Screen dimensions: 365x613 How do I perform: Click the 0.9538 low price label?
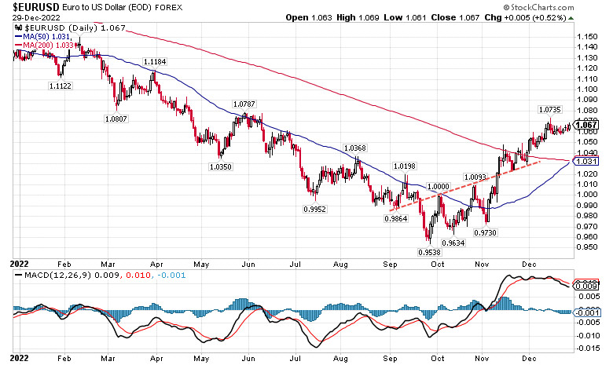pyautogui.click(x=429, y=251)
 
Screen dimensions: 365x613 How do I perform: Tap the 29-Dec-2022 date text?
pyautogui.click(x=28, y=17)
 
